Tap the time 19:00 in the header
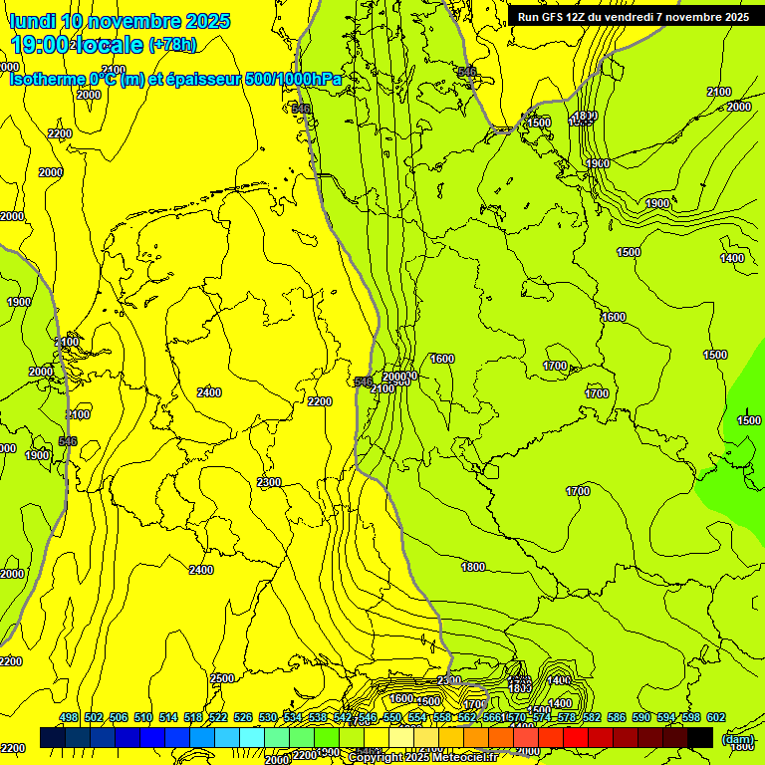click(x=39, y=45)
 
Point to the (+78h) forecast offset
click(x=172, y=45)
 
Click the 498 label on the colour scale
click(x=69, y=718)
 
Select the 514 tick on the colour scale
click(x=168, y=718)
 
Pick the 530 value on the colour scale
click(x=268, y=718)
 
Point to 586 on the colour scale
click(x=617, y=718)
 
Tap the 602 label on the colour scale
click(x=716, y=718)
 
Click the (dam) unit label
click(x=737, y=739)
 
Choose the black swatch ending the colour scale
click(x=700, y=737)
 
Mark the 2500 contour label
click(x=222, y=678)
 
